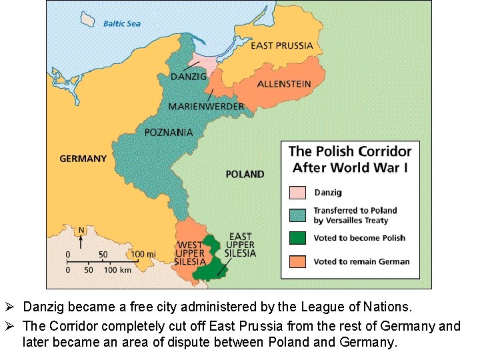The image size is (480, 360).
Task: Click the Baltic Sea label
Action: pyautogui.click(x=122, y=24)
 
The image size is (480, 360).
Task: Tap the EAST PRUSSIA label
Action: pyautogui.click(x=281, y=46)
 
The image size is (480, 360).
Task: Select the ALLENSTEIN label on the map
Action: pyautogui.click(x=284, y=84)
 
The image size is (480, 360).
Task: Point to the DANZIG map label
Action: pyautogui.click(x=188, y=77)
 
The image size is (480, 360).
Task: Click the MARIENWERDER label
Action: pyautogui.click(x=206, y=107)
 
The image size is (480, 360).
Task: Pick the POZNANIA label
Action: pyautogui.click(x=169, y=132)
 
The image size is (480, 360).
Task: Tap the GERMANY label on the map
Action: pyautogui.click(x=83, y=159)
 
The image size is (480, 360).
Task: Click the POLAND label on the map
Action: pyautogui.click(x=245, y=174)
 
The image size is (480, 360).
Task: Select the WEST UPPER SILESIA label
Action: pyautogui.click(x=191, y=253)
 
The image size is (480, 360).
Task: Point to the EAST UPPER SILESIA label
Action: pyautogui.click(x=240, y=245)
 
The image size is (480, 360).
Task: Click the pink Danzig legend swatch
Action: pyautogui.click(x=297, y=193)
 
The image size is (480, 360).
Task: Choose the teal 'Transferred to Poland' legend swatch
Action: pyautogui.click(x=297, y=215)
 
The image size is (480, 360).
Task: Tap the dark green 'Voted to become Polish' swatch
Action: pyautogui.click(x=297, y=238)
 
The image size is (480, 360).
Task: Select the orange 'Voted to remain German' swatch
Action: pyautogui.click(x=297, y=261)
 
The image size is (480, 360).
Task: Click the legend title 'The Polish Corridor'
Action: pyautogui.click(x=349, y=151)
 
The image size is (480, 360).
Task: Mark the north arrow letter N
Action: pyautogui.click(x=81, y=231)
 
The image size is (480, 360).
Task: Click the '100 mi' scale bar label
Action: pyautogui.click(x=144, y=255)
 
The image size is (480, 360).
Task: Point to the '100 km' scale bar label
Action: pyautogui.click(x=117, y=269)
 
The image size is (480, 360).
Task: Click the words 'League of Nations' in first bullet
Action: pyautogui.click(x=366, y=307)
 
